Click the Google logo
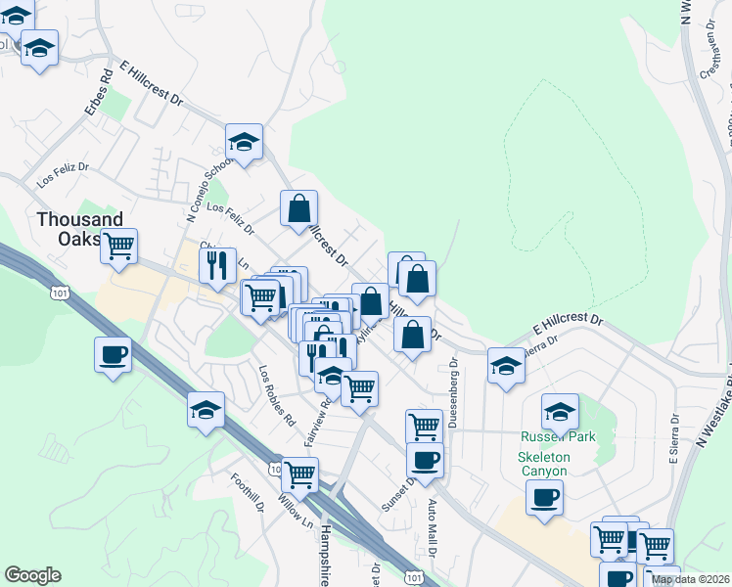32,575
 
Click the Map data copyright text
691,579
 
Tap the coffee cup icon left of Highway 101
113,353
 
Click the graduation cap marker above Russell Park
561,410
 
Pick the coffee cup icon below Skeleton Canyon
544,496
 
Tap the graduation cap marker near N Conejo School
244,142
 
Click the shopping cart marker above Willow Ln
299,474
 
